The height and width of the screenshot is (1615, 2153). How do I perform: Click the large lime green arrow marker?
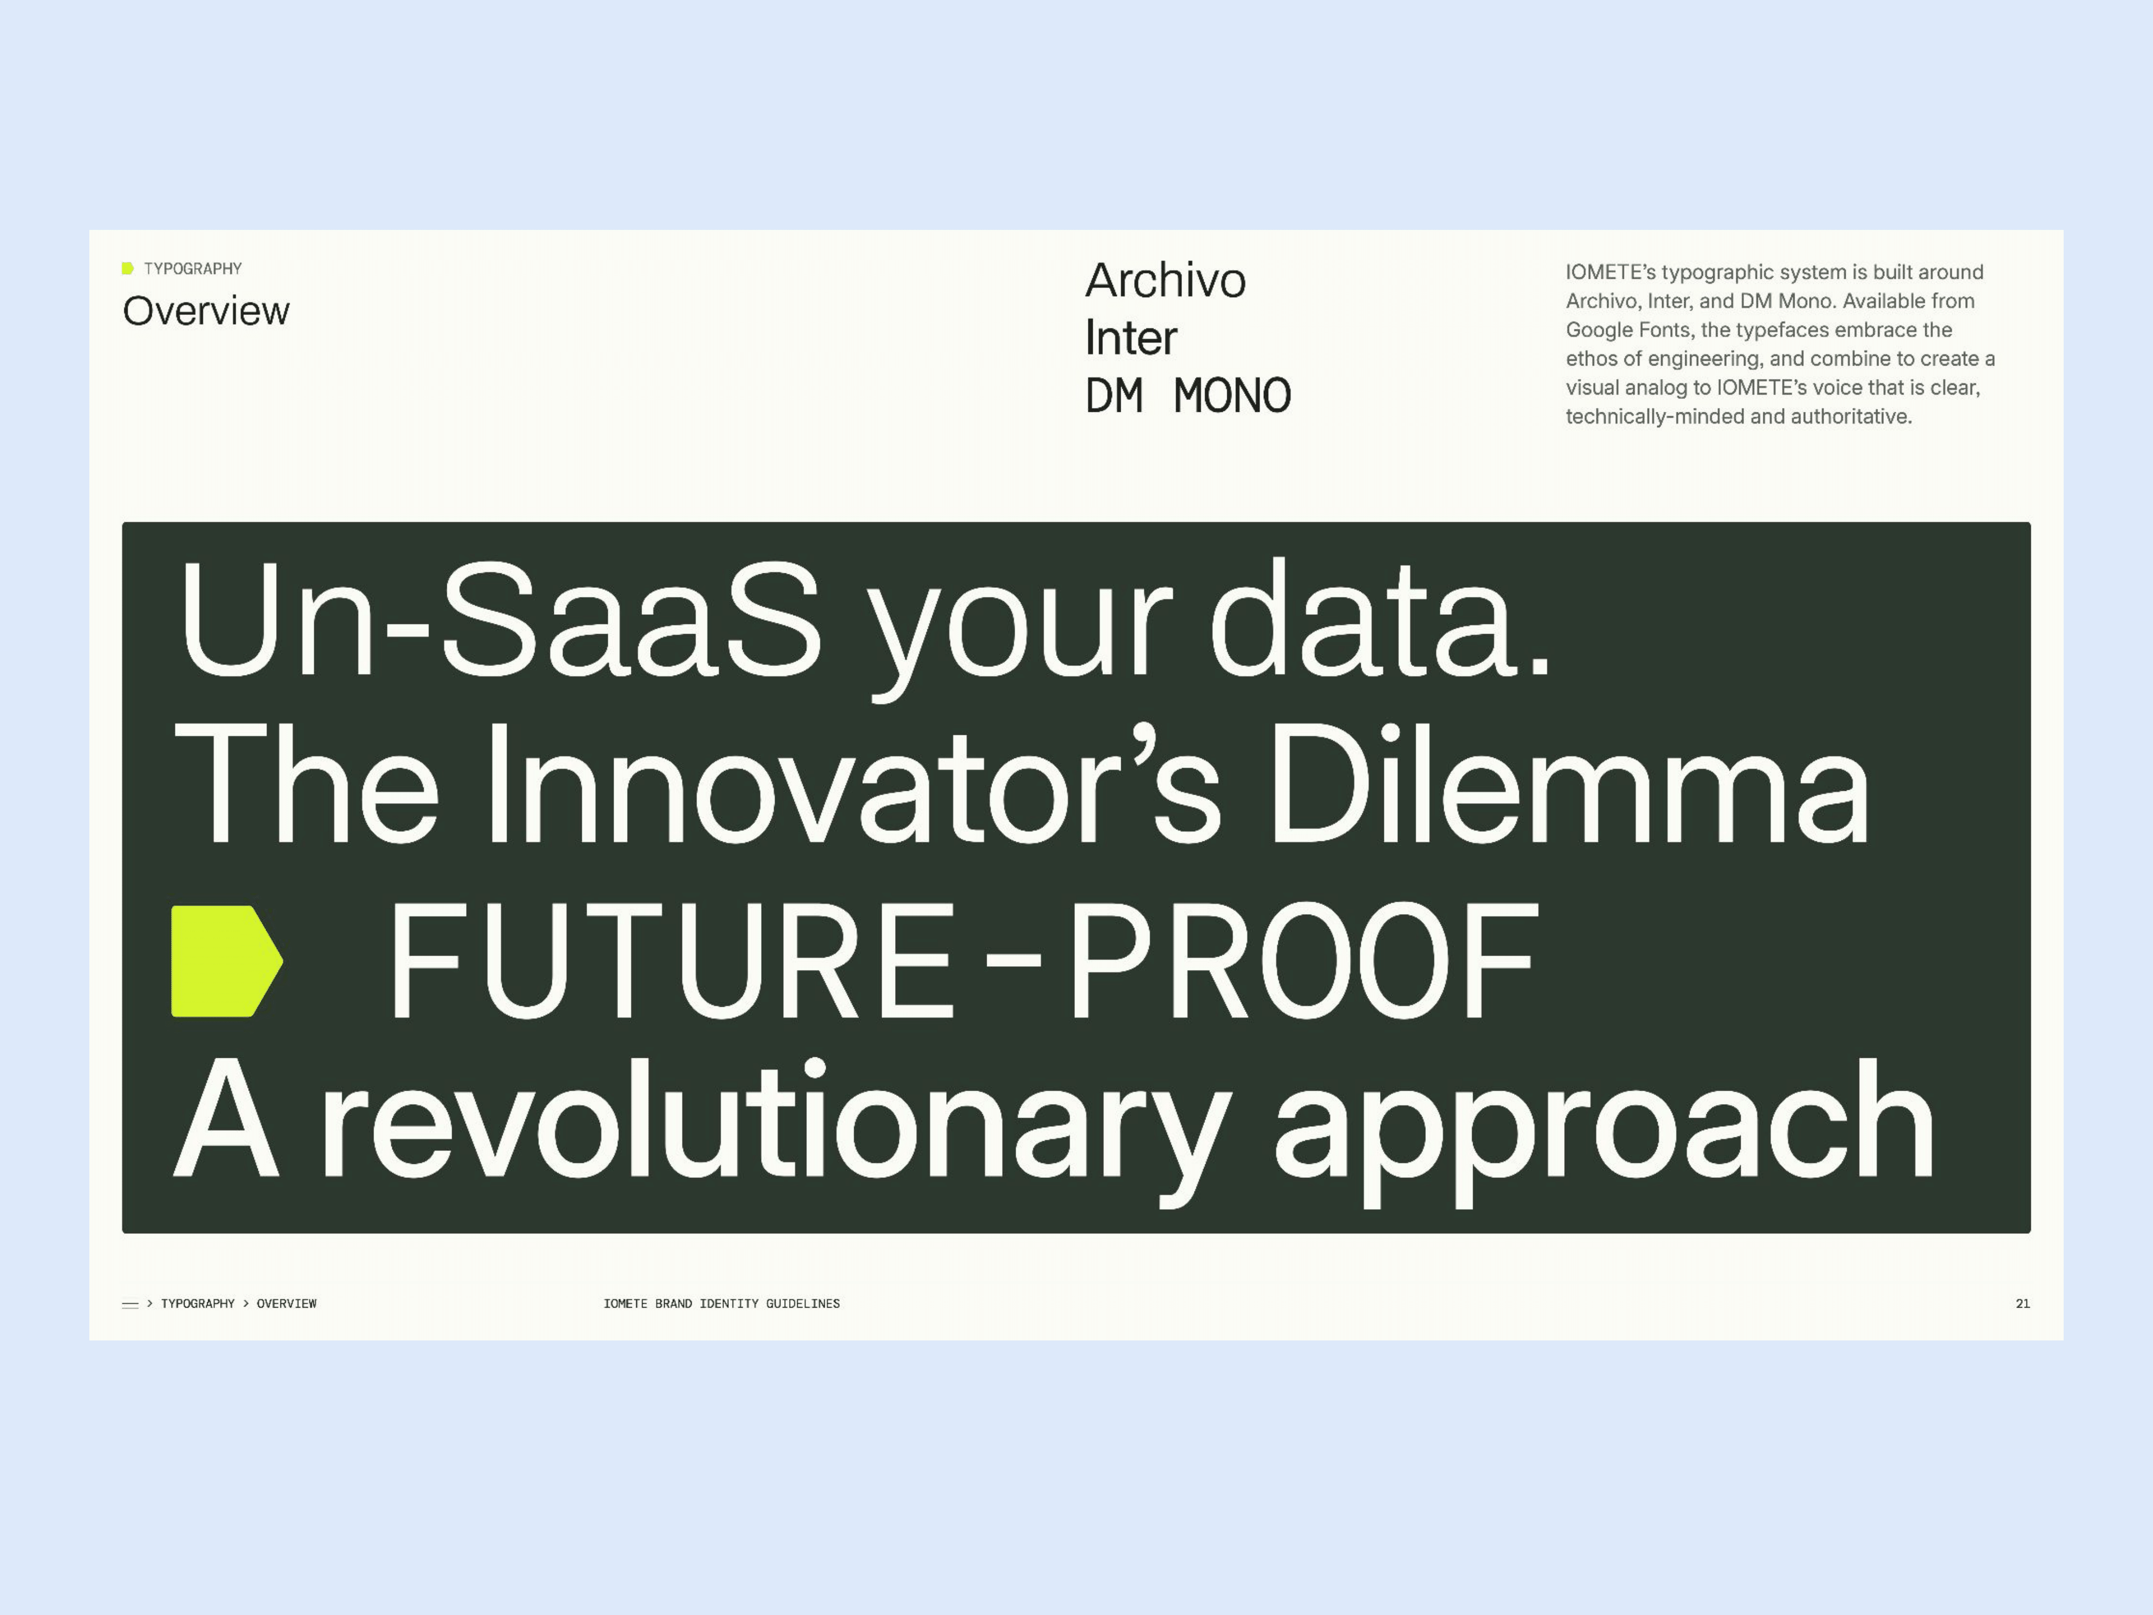point(227,961)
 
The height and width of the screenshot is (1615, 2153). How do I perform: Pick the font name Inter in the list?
point(1131,338)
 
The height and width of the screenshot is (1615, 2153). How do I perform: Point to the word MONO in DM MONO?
point(1232,395)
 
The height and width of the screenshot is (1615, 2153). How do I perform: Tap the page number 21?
point(2023,1303)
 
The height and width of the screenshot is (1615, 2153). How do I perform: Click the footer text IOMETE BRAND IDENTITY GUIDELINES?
point(721,1303)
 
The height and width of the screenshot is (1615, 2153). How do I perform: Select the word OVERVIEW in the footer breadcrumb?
point(286,1303)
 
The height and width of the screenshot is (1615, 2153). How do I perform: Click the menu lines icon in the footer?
point(130,1304)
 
